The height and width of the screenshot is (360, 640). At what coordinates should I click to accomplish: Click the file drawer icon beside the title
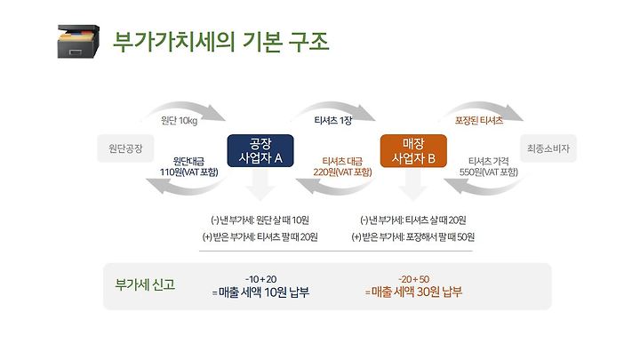coord(78,41)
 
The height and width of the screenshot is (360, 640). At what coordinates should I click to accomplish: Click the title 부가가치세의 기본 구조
coord(220,42)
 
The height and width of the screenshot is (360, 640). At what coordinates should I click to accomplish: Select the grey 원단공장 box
coord(125,148)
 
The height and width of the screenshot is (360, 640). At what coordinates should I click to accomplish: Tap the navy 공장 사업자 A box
coord(260,150)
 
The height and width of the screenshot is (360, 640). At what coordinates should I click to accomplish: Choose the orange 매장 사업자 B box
coord(413,150)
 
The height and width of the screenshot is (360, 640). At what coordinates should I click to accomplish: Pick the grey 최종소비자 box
coord(548,148)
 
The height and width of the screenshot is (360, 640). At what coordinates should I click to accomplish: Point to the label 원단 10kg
coord(180,120)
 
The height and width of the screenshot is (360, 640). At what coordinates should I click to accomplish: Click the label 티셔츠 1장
coord(333,120)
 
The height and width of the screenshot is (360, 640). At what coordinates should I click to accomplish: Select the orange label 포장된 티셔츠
coord(479,120)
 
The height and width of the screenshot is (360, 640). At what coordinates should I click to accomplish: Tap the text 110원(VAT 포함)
coord(189,172)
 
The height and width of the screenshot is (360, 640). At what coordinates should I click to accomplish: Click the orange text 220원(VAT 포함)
coord(342,172)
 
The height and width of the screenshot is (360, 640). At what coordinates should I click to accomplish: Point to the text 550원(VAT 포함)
coord(489,172)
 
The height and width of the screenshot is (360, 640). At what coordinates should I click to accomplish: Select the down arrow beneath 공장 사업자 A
coord(260,185)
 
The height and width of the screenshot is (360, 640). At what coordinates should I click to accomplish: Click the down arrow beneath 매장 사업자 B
coord(413,185)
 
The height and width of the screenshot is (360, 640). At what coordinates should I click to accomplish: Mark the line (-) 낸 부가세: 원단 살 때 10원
coord(260,220)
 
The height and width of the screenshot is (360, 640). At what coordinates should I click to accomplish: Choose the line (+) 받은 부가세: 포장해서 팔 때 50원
coord(413,237)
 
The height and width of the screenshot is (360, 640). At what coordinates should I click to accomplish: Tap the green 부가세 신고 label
coord(145,284)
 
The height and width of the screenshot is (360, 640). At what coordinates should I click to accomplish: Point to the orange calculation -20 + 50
coord(414,279)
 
